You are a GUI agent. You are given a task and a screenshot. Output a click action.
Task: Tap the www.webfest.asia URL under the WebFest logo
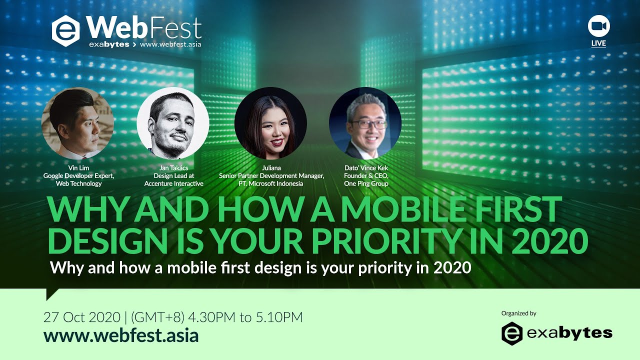[170, 44]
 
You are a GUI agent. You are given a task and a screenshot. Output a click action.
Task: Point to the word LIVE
[598, 43]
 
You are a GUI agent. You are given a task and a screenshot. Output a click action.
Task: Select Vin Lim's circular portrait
[78, 123]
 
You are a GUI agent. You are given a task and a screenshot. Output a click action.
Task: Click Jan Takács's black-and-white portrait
[173, 123]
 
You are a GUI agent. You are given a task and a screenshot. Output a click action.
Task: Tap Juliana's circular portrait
[270, 123]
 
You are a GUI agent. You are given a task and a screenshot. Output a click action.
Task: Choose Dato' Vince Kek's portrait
[365, 123]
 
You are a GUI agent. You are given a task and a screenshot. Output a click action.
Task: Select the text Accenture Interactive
[173, 183]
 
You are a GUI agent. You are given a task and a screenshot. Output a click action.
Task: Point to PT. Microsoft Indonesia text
[271, 183]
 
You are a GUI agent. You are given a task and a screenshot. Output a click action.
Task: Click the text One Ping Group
[366, 183]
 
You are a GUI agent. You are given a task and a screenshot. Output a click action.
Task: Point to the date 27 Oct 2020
[82, 317]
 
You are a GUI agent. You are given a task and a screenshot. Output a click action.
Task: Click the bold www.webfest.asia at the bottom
[121, 335]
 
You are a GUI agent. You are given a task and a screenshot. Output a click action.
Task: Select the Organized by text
[518, 313]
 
